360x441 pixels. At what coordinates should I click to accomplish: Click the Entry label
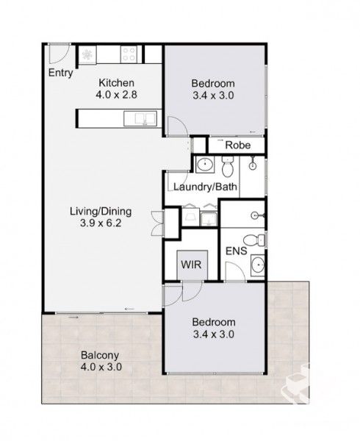(61, 73)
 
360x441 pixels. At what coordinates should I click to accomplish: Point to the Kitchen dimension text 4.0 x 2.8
(116, 94)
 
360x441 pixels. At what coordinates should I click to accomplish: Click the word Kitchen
(116, 82)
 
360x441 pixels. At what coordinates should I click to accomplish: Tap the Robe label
(238, 145)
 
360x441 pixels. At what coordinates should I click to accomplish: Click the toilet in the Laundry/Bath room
(228, 168)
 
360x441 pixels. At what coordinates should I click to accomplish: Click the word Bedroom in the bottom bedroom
(213, 322)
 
